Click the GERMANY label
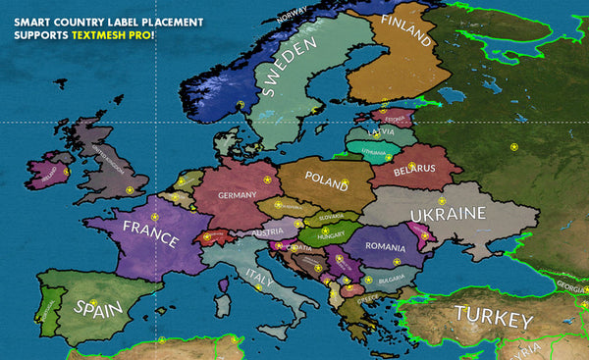[x=237, y=195]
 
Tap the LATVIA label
[x=381, y=131]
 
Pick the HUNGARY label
[x=329, y=235]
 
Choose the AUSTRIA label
[x=268, y=232]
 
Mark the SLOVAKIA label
[x=331, y=217]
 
